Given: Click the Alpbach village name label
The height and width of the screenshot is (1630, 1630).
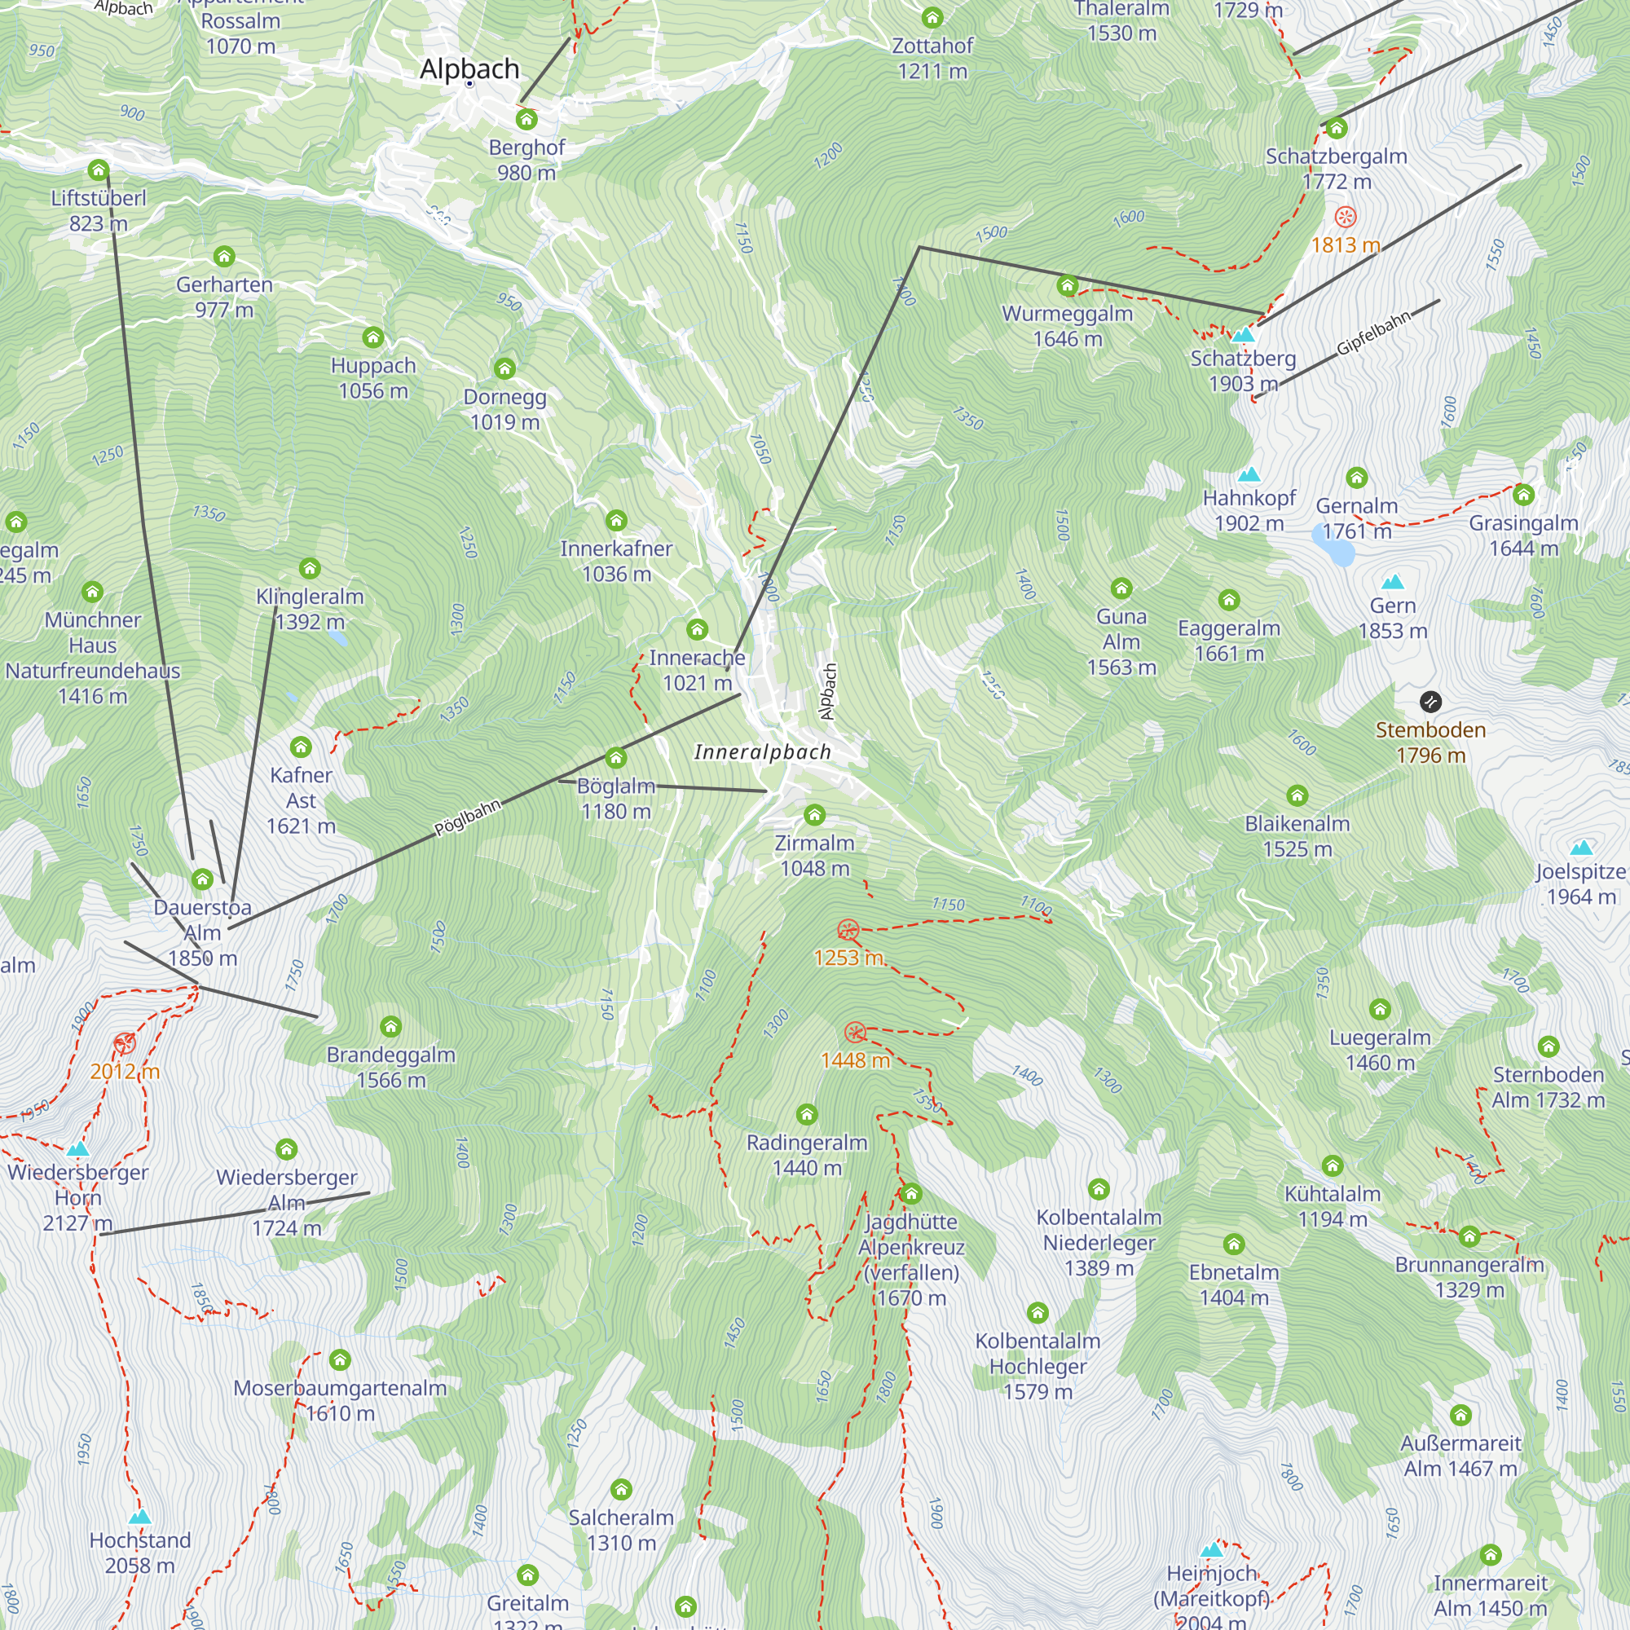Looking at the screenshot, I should coord(469,69).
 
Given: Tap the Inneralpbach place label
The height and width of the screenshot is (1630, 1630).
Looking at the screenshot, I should coord(762,751).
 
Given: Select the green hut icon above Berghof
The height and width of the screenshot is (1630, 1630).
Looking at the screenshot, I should coord(526,119).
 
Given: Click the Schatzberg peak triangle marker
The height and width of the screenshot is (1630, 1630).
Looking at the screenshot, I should coord(1243,335).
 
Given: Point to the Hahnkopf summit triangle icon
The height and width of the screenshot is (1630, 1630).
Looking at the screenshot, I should coord(1249,474).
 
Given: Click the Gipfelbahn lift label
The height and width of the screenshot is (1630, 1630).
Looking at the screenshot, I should coord(1372,334).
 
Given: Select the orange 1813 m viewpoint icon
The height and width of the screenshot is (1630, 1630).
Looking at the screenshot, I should coord(1345,217).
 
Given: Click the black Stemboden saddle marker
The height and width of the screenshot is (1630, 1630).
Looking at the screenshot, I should coord(1430,701).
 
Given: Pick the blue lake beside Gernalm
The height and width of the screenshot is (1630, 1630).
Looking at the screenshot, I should coord(1334,546).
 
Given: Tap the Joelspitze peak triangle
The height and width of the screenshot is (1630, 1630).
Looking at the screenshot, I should coord(1581,847).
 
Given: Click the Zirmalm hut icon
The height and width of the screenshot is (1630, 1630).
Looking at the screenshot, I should coord(814,815).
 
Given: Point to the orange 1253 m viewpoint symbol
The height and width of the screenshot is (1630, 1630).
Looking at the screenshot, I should coord(848,930).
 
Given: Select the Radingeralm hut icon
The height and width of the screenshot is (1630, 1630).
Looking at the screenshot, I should coord(807,1114).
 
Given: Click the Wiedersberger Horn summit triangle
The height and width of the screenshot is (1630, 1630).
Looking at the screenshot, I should coord(77,1148).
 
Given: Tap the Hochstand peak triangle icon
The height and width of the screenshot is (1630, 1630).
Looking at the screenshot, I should coord(140,1516).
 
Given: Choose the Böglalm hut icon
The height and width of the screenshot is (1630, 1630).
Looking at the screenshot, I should coord(616,758).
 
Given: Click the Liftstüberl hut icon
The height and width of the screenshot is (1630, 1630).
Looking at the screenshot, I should coord(99,170).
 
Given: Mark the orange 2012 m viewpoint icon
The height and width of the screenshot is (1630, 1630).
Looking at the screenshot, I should coord(125,1044).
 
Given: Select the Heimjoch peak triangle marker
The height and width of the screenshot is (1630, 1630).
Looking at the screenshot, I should coord(1212,1549).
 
